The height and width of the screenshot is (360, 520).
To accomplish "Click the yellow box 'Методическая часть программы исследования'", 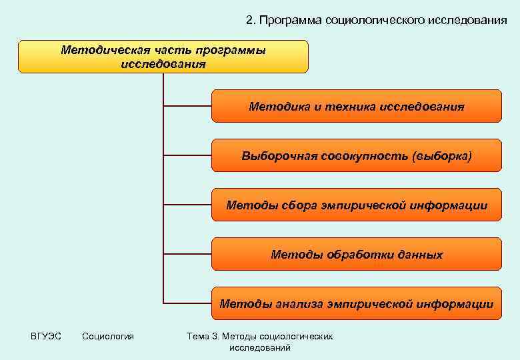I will point(163,57).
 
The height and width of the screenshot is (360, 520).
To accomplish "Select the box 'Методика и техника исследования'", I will point(356,107).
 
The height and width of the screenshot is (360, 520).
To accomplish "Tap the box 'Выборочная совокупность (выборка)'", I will point(356,156).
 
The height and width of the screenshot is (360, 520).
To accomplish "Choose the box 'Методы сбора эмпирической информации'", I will point(356,205).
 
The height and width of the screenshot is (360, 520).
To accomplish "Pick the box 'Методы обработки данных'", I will point(356,255).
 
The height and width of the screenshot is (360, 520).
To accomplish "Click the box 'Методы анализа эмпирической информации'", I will point(356,304).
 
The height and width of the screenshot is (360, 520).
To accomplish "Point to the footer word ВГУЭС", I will point(45,336).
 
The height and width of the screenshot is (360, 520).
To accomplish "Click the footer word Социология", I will point(108,336).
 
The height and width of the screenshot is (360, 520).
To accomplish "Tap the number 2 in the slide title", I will point(249,21).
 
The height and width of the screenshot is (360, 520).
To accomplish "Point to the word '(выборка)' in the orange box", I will point(441,156).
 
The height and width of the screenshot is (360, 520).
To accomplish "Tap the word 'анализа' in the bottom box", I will point(298,304).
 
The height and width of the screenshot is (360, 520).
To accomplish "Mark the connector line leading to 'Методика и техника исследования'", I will point(187,106).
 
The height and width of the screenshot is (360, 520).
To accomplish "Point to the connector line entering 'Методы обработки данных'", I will point(187,254).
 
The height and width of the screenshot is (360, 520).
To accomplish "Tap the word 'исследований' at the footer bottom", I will point(260,348).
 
